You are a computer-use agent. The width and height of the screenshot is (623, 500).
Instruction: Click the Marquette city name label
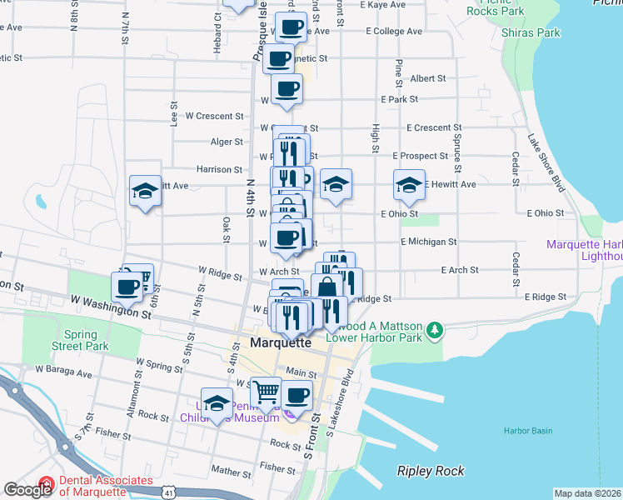pos(281,342)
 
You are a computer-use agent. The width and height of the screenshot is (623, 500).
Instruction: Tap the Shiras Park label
pos(531,32)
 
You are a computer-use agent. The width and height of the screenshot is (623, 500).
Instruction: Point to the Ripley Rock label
pos(430,472)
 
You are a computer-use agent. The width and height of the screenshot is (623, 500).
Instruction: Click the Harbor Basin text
pos(527,431)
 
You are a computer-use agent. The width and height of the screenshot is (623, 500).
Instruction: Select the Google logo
pos(27,490)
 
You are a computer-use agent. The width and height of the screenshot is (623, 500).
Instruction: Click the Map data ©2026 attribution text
pos(588,493)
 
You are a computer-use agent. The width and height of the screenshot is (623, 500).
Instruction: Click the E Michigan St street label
pos(428,242)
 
